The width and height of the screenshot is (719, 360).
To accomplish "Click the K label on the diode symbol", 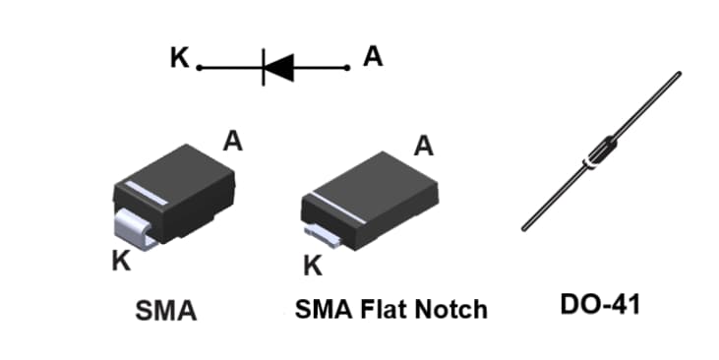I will pos(178,58).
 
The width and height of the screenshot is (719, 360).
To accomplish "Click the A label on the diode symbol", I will pos(373,57).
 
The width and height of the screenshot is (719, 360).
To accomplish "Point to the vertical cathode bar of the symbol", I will pos(263,67).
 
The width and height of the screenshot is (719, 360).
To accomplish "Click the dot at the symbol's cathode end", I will pos(199,68).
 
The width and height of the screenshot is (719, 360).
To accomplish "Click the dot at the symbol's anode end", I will pos(347,68).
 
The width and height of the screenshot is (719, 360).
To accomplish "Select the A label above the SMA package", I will pos(232,141).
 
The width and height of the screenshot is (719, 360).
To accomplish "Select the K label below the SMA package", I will pos(121,262).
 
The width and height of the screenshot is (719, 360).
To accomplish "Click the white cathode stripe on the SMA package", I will pos(140,195).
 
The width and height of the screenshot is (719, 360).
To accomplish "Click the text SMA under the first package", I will pos(165,312).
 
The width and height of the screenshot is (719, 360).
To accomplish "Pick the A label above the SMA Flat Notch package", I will pos(423,147).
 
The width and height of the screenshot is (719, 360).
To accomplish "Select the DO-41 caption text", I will pos(599,305).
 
